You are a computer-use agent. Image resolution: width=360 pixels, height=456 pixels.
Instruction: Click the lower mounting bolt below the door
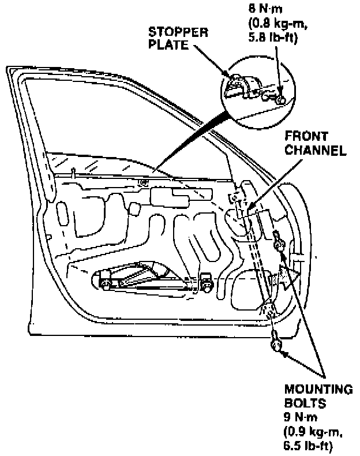click(x=275, y=346)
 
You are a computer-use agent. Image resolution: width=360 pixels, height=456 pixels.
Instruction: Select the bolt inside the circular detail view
click(x=279, y=100)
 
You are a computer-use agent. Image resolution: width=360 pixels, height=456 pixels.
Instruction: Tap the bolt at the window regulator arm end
click(x=205, y=283)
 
